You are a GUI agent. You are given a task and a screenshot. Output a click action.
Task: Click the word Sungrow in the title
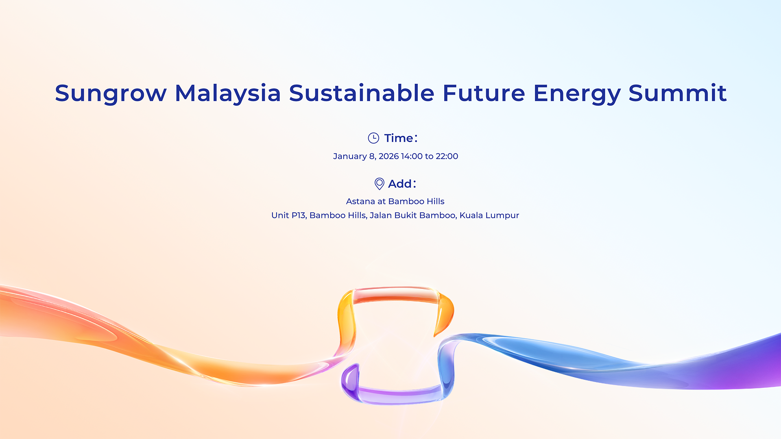coord(111,93)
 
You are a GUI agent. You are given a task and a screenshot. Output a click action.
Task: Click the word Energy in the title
coord(577,93)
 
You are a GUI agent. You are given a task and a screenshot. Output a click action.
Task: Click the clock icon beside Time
coord(373,138)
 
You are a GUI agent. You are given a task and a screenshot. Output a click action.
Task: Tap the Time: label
coord(401,138)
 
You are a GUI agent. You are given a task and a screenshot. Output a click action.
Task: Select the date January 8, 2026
coord(366,156)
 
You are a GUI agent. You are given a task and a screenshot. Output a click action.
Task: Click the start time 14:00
coord(412,156)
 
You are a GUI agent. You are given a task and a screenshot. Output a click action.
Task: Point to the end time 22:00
coord(447,156)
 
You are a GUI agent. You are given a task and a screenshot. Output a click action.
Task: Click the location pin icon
coord(379,184)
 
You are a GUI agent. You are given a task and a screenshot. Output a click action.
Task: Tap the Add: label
coord(402,184)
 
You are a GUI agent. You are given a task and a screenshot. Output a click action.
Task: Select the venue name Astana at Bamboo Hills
coord(395,202)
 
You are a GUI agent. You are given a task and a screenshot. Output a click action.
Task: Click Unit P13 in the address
coord(288,215)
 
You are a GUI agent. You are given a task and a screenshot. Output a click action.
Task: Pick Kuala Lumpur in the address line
coord(489,215)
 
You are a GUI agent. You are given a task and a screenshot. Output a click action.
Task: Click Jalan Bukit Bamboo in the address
coord(413,215)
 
